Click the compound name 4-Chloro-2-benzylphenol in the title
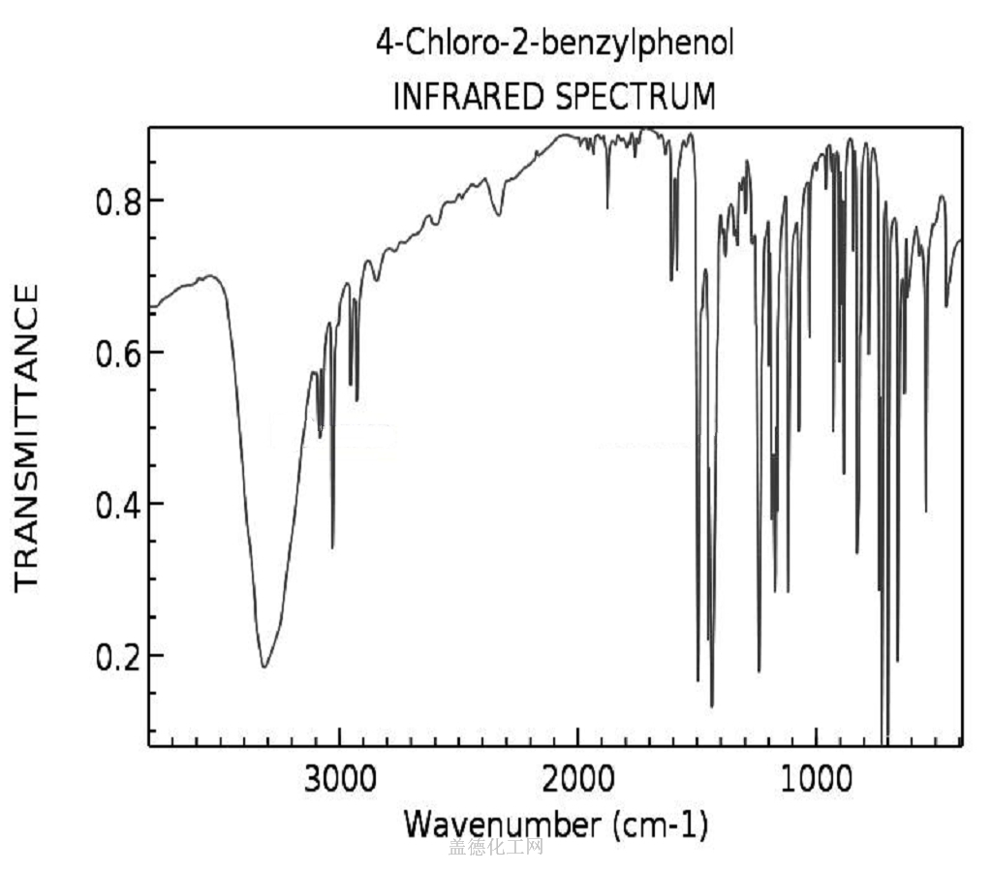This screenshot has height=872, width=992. pos(555,44)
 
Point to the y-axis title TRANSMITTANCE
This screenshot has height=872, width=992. pos(26,436)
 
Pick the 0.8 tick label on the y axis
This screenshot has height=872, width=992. pos(115,201)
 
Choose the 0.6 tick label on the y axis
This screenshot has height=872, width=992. pos(115,352)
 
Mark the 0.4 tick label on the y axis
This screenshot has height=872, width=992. pos(115,504)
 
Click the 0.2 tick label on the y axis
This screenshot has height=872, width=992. pos(115,656)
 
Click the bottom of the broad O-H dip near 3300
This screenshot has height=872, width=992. pos(263,667)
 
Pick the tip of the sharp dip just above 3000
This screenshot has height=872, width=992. pos(332,547)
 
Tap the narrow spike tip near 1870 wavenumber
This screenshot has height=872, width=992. pos(607,207)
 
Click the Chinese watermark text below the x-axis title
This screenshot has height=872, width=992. pos(495,849)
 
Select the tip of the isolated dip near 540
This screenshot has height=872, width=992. pos(926,512)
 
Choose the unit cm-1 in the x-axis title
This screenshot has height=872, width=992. pos(666,825)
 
